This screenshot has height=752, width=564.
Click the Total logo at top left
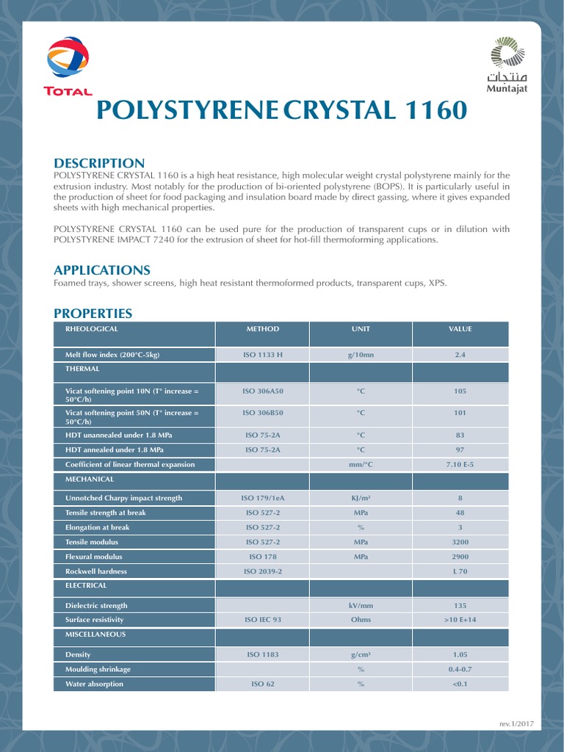[x=68, y=67]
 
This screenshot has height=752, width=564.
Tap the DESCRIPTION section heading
[x=99, y=163]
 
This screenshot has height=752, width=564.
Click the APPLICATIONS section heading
[x=102, y=270]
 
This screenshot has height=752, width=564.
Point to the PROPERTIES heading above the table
[x=93, y=314]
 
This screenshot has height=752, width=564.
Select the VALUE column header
[x=460, y=329]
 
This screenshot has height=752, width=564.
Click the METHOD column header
[x=262, y=329]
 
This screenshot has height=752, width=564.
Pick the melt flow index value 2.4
[x=460, y=355]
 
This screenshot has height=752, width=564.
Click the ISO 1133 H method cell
[x=262, y=355]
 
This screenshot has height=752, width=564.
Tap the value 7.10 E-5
[x=460, y=464]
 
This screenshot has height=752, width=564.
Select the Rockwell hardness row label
[x=96, y=571]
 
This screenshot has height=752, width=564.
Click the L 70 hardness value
[x=460, y=571]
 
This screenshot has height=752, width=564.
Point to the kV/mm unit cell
[x=361, y=606]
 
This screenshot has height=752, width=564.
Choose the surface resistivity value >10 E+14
[x=460, y=620]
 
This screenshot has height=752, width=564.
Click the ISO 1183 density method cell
[x=262, y=654]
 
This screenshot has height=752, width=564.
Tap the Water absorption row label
[x=95, y=684]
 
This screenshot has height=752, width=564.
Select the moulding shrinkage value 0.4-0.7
[x=460, y=669]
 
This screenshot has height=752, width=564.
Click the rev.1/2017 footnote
[x=516, y=723]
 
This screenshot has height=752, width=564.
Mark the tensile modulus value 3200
[x=460, y=541]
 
